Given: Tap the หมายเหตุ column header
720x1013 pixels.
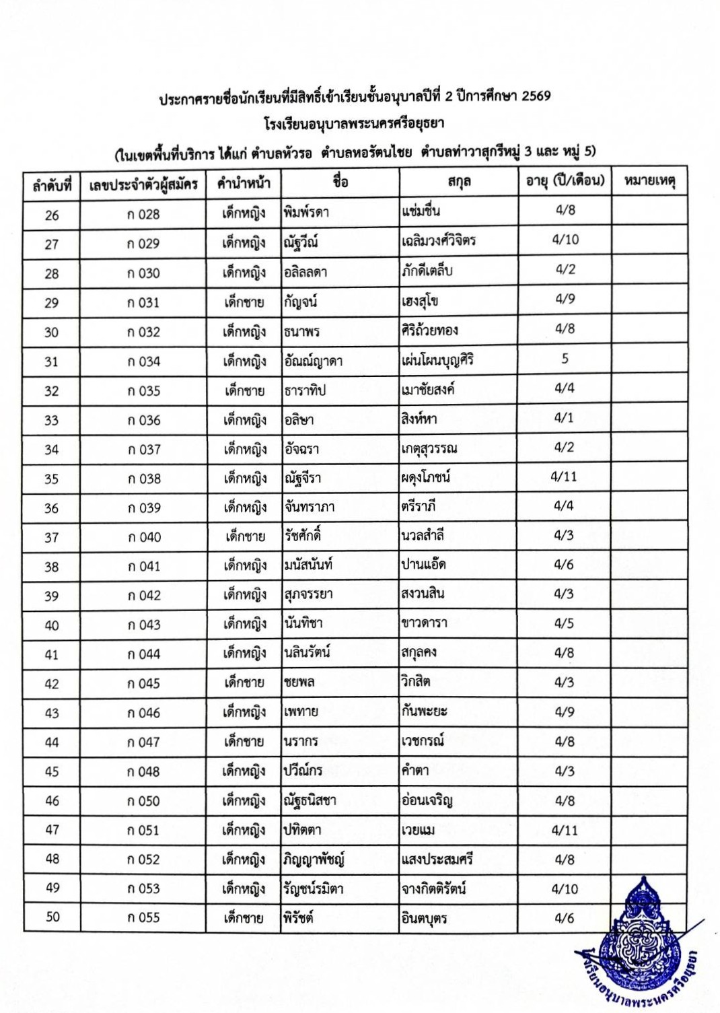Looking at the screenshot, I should coord(649,180).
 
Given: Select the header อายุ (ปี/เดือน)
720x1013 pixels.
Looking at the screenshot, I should coord(565,180).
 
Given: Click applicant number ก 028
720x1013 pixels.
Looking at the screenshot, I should coord(143,214).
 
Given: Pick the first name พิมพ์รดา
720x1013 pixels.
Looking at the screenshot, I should coord(306,213).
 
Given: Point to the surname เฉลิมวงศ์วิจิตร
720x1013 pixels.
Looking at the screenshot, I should coord(439,240).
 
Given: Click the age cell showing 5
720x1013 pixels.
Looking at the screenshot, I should coord(565,359).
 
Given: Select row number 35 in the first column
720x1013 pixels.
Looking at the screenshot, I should coord(52,479).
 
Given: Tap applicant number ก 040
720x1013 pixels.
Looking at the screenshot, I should coord(144,537).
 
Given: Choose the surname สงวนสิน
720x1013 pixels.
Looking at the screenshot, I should coord(423,594).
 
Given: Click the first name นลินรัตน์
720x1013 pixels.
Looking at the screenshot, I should coord(307,652).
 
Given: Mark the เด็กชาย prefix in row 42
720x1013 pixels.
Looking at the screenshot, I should coord(244,683).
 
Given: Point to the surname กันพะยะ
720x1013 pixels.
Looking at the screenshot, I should coord(424,711).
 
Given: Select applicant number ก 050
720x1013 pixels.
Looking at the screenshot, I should coord(143,801).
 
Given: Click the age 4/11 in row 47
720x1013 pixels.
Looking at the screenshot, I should coord(565,830).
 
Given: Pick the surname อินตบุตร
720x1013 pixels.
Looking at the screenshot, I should coord(424,918).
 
